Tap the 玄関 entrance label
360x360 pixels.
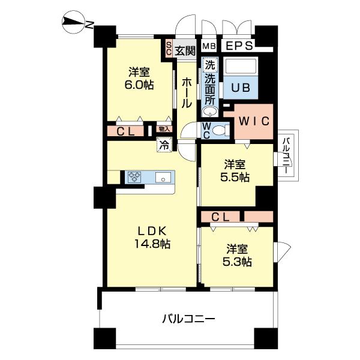pyautogui.click(x=185, y=50)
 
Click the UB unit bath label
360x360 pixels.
pyautogui.click(x=241, y=87)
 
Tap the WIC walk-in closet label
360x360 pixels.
pyautogui.click(x=254, y=121)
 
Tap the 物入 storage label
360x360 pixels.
pyautogui.click(x=164, y=128)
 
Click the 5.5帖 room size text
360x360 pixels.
pyautogui.click(x=236, y=177)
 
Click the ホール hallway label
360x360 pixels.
pyautogui.click(x=187, y=94)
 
